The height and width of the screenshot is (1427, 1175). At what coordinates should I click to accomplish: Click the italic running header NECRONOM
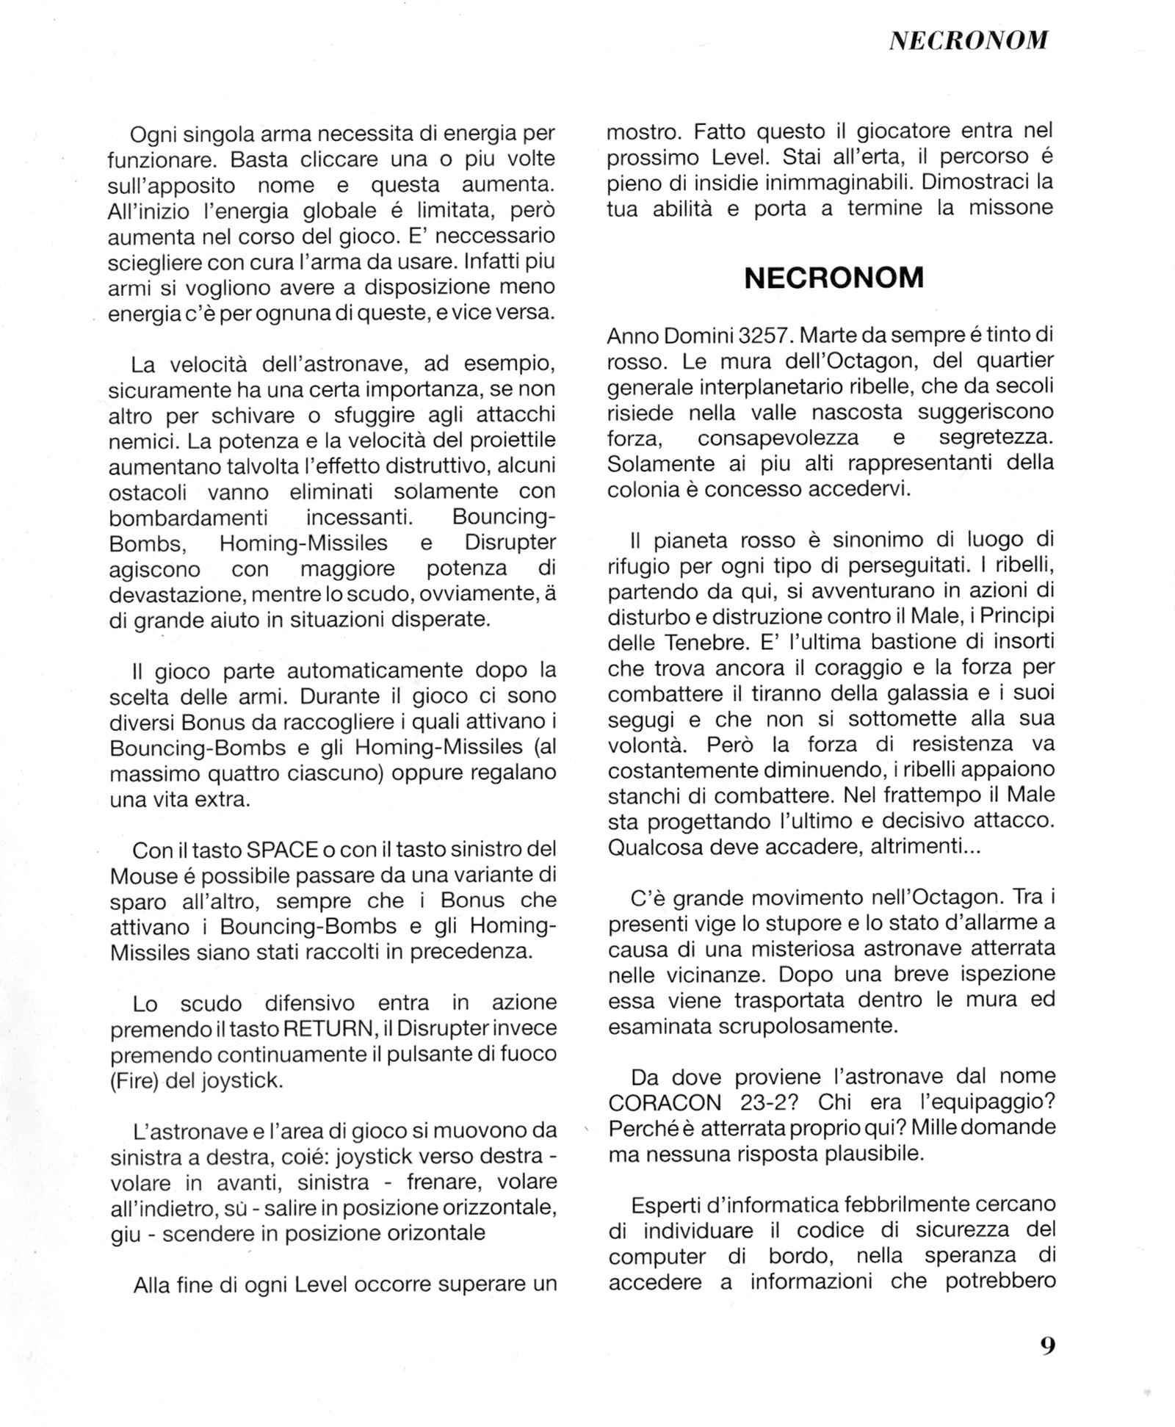click(x=968, y=40)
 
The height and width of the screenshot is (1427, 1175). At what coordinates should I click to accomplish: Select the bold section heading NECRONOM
click(x=834, y=278)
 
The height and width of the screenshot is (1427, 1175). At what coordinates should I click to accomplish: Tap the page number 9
click(x=1047, y=1345)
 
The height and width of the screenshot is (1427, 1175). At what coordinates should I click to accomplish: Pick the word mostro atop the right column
click(x=641, y=132)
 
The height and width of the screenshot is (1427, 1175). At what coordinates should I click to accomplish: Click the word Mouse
click(x=144, y=875)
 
